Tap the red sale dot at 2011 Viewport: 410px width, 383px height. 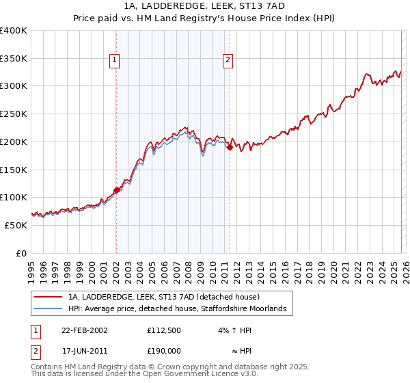(x=230, y=146)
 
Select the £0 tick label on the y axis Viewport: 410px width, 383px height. (x=21, y=253)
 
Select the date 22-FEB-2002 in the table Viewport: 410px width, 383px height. (x=84, y=330)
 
